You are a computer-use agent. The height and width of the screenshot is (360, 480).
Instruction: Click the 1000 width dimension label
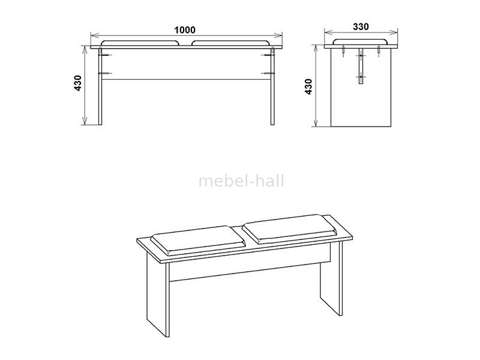pos(185,30)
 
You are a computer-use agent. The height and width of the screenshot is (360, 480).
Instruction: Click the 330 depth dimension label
pos(361,27)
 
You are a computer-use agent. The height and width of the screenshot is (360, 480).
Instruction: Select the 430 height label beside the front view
pos(78,83)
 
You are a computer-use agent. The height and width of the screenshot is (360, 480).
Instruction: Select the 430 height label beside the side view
pos(308,86)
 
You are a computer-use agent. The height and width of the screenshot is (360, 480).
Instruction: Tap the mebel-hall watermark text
pos(241,181)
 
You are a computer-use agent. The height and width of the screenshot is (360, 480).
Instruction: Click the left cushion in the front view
pos(140,43)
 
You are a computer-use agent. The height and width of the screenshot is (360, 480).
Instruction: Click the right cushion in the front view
pos(231,43)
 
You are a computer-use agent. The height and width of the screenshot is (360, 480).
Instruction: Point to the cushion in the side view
pos(361,41)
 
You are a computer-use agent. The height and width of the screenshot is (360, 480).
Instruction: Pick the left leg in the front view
pos(100,86)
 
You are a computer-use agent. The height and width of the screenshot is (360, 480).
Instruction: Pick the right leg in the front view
pos(272,86)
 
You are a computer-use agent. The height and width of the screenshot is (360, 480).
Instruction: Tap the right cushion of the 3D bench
pos(290,229)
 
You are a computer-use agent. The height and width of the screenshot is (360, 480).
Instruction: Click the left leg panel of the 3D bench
pos(158,295)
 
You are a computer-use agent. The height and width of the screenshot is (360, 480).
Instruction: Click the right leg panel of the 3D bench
pos(332,278)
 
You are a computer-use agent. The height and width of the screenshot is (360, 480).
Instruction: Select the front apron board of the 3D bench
pos(250,266)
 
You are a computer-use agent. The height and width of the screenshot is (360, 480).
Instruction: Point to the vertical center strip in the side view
pos(361,66)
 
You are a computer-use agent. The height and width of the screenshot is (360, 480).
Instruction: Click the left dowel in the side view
pos(343,51)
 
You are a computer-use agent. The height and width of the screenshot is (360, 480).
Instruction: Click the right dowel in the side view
pos(379,51)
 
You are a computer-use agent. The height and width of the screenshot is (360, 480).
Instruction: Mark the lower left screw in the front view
pos(105,73)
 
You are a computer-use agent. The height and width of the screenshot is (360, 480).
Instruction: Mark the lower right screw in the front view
pos(268,73)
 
